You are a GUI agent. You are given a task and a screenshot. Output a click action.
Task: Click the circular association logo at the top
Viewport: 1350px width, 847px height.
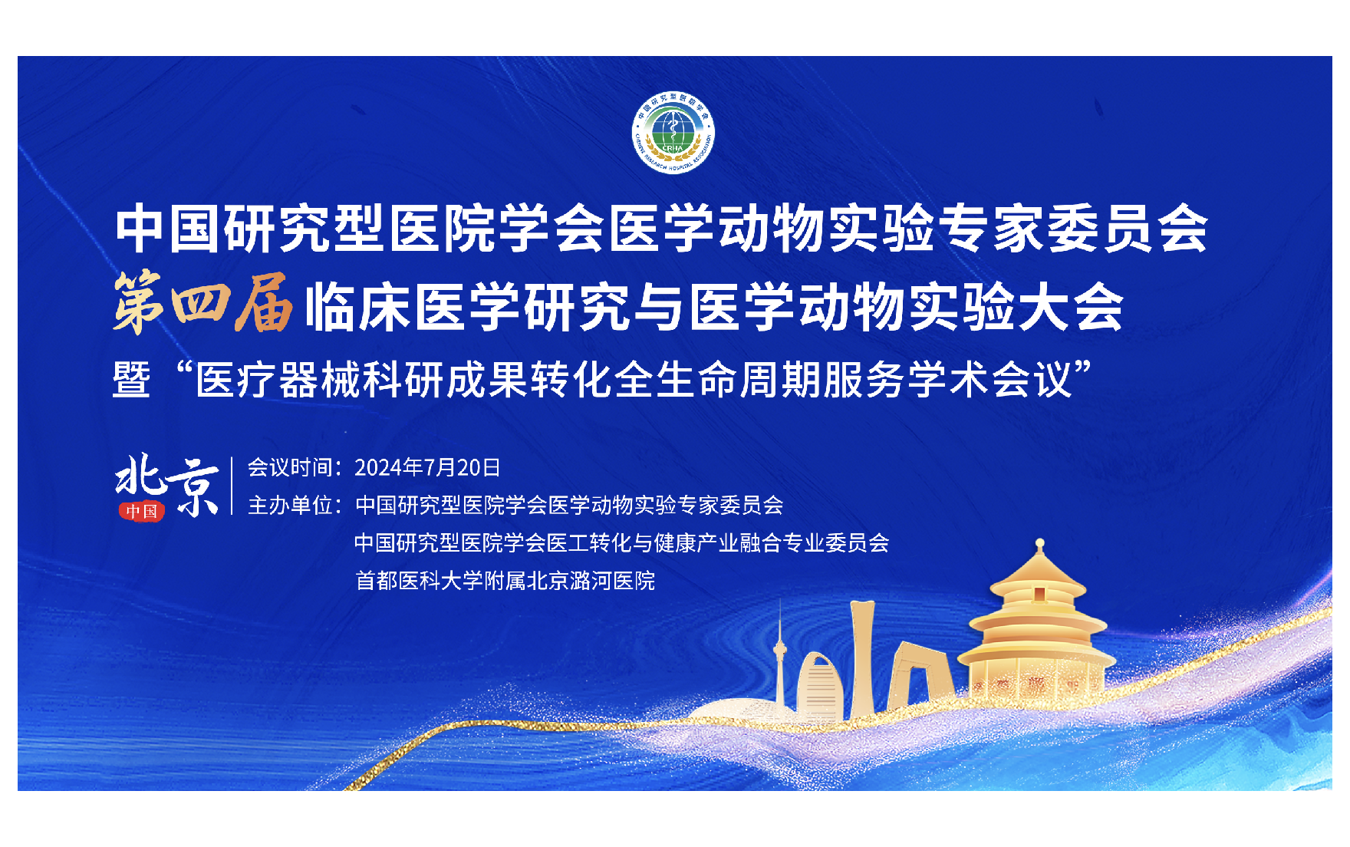(673, 133)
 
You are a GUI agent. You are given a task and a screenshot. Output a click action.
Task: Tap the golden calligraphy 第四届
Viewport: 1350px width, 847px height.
(203, 305)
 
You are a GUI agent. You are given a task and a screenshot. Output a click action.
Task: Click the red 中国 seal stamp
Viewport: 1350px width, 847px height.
(141, 511)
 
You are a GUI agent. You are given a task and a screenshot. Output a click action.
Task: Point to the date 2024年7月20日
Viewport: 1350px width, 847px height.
(427, 467)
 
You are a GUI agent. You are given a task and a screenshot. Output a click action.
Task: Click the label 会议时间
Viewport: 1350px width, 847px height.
(289, 467)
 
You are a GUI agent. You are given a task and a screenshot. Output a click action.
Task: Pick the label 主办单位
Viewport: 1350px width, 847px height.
(289, 505)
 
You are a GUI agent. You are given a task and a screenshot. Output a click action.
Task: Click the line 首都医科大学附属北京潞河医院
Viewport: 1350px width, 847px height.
(505, 580)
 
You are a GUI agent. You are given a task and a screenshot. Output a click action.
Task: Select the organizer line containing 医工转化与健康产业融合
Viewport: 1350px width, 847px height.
(621, 542)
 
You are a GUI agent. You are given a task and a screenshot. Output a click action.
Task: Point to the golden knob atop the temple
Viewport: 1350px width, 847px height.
(1039, 545)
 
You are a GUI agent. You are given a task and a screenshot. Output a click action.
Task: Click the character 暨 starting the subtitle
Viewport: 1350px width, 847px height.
(131, 379)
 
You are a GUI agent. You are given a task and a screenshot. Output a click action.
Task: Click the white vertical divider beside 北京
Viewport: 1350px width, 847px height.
(232, 486)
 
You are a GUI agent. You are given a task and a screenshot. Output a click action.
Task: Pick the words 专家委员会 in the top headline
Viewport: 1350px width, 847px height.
(1074, 228)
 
